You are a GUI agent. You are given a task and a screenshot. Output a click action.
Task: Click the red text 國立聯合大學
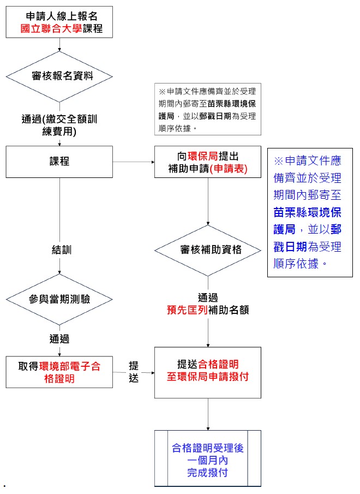point(51,28)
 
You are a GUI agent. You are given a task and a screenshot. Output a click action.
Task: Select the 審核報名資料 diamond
point(59,76)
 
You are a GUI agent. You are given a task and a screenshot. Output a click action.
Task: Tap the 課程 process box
point(59,162)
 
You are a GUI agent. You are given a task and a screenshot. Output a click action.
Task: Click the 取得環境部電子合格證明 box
point(59,372)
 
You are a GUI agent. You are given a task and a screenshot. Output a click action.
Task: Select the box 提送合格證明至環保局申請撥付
point(208,372)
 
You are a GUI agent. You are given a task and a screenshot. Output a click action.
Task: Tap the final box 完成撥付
point(208,459)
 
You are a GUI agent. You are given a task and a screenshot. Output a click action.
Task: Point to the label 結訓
point(62,250)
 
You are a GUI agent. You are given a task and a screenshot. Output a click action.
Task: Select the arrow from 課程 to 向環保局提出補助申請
point(134,162)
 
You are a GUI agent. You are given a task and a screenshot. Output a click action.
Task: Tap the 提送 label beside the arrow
point(134,371)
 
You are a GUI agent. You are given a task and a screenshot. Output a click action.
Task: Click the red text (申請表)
point(229,169)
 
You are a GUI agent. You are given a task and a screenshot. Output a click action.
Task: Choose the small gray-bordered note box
point(208,110)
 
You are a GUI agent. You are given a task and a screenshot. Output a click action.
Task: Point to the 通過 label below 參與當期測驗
point(59,339)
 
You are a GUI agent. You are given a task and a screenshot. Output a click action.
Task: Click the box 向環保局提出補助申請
point(208,162)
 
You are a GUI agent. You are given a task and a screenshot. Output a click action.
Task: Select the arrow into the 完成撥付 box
point(208,415)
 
